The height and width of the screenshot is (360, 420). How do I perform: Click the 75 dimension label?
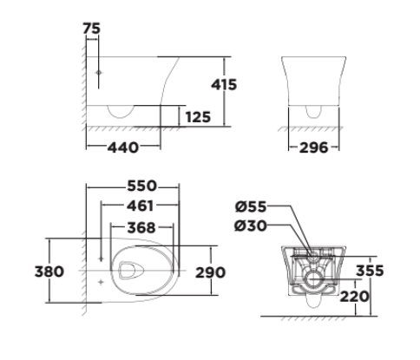pos(92,29)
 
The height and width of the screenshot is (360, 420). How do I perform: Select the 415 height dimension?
pos(224,85)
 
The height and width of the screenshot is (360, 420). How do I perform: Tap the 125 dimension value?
pos(198,115)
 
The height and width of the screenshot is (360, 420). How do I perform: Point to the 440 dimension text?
pos(124,148)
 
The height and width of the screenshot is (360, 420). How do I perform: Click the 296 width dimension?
pos(314,148)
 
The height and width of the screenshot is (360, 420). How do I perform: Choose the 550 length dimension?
pos(141,187)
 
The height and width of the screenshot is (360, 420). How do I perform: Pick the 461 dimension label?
pos(139,206)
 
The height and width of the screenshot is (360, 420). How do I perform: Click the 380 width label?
pos(49,272)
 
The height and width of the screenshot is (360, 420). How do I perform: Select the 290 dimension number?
pos(209,272)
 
